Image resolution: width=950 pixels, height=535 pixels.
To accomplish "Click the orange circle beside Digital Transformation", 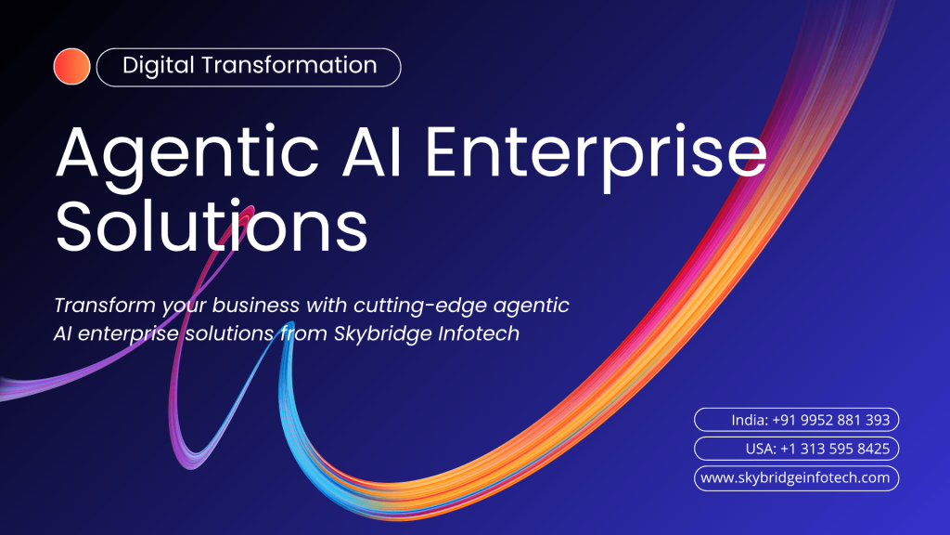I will [71, 67].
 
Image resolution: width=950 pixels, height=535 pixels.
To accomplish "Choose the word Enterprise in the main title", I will [595, 155].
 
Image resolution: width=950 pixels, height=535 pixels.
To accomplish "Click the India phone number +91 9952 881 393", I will [830, 421].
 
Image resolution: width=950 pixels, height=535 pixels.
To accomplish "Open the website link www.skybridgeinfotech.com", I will [796, 478].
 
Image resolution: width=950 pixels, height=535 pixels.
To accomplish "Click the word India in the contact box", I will [749, 421].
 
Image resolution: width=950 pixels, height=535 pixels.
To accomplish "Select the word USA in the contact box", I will [759, 450].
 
